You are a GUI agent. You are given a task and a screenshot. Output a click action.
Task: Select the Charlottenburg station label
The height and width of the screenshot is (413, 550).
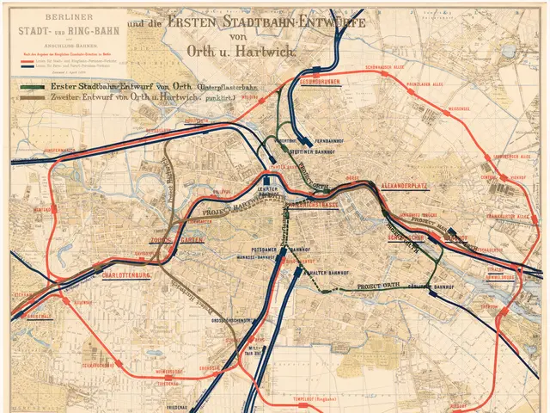(126, 276)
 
